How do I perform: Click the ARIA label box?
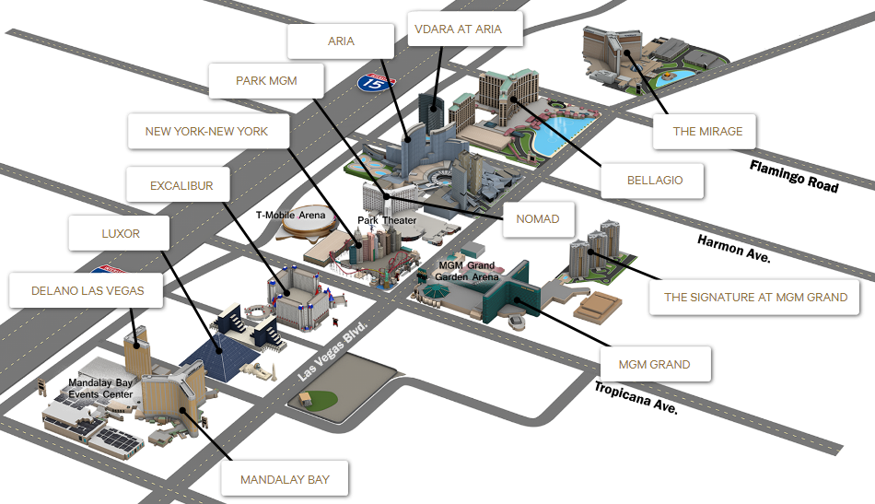[341, 41]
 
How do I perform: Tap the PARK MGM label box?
[266, 80]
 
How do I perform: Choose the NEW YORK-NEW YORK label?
[206, 131]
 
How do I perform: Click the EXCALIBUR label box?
[181, 186]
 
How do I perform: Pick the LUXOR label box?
[121, 233]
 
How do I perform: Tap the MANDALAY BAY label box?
[285, 479]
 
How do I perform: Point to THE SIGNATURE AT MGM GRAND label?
[756, 297]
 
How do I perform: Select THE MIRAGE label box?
[707, 131]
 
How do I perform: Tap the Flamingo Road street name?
[793, 175]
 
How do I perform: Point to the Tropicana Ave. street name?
[636, 397]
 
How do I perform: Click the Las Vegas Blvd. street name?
[332, 352]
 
